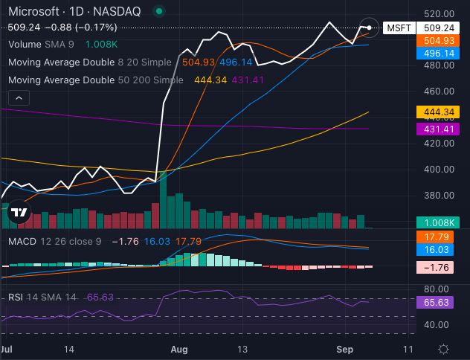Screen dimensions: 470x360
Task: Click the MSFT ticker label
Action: tap(399, 28)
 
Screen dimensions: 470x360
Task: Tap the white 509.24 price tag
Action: tap(438, 28)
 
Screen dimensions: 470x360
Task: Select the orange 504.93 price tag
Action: tap(438, 41)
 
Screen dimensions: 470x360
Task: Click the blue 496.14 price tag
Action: tap(438, 54)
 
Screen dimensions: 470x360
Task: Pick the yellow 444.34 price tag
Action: tap(438, 112)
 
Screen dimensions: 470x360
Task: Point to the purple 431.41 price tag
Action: tap(438, 129)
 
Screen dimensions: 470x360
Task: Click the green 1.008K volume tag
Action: tap(438, 222)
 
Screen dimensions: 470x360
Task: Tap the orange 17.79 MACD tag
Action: tap(435, 237)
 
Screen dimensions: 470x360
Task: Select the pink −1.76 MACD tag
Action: tap(435, 267)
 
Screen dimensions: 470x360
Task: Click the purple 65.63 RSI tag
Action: tap(435, 303)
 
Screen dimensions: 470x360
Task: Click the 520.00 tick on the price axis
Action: tap(439, 14)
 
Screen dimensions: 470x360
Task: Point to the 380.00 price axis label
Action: tap(439, 196)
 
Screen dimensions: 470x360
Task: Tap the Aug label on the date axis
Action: tap(179, 350)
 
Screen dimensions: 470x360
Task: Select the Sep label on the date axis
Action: tap(345, 350)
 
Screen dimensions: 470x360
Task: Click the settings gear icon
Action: tap(443, 350)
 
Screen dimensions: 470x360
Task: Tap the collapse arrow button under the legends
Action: tap(19, 98)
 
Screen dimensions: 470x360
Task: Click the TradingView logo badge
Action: tap(19, 212)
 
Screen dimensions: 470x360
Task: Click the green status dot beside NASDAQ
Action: tap(159, 11)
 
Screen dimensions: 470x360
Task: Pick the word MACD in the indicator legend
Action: tap(22, 241)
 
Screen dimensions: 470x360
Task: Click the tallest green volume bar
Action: tap(164, 200)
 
